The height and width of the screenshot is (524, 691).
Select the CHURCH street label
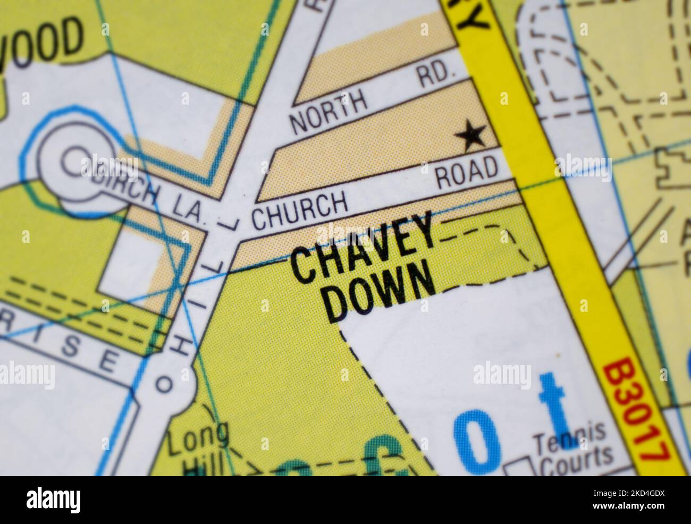pyautogui.click(x=299, y=211)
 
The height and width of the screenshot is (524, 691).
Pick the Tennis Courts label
pyautogui.click(x=573, y=449)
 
